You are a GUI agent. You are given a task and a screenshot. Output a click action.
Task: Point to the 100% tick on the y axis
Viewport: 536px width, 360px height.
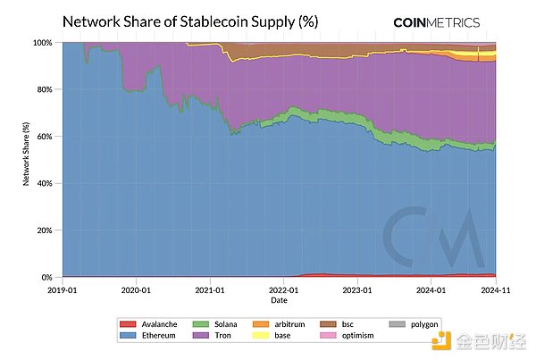pos(41,42)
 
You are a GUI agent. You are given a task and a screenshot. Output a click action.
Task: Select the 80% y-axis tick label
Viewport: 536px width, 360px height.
pos(43,89)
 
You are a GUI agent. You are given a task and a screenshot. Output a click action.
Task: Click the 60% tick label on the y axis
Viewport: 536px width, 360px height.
pos(43,137)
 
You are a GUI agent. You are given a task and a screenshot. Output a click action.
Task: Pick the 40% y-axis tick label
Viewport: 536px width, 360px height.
pos(43,183)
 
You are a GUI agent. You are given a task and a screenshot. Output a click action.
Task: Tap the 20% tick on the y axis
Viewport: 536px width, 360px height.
pos(43,230)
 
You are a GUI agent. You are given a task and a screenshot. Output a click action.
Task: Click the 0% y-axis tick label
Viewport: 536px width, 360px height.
pos(46,278)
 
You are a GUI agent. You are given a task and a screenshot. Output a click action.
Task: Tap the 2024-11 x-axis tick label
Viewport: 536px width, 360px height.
pos(494,289)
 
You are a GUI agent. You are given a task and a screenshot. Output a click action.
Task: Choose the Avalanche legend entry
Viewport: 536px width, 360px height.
pos(159,323)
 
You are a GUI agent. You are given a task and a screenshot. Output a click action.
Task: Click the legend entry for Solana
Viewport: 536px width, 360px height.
pos(221,323)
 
